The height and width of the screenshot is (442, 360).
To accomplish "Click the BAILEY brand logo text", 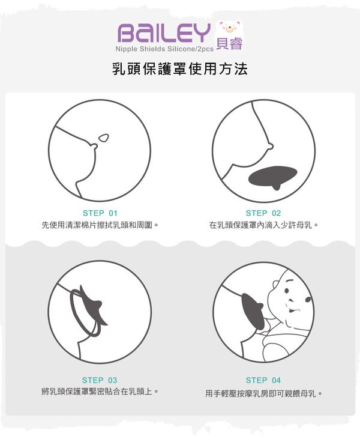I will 164,32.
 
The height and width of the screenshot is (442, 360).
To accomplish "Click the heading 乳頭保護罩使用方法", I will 180,68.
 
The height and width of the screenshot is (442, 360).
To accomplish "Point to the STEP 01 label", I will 100,213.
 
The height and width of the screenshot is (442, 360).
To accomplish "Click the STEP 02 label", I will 263,213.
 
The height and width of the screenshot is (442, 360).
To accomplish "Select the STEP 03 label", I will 100,380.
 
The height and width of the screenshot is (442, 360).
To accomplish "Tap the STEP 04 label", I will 263,380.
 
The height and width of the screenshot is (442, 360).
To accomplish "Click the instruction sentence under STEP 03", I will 100,392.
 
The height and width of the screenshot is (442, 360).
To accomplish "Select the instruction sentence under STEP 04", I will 263,394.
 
